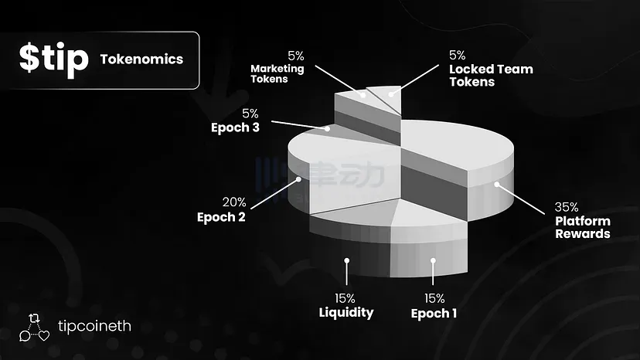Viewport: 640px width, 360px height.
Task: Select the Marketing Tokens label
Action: point(277,74)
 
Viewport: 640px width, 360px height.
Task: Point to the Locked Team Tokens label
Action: point(491,75)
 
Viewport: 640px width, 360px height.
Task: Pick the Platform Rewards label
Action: point(582,228)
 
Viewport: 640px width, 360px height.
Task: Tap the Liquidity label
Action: point(346,312)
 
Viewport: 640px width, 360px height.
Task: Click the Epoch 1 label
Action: point(434,313)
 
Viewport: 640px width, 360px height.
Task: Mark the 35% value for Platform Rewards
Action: point(567,207)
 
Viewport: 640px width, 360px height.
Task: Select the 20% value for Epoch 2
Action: point(234,202)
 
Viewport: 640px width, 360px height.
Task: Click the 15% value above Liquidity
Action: point(346,298)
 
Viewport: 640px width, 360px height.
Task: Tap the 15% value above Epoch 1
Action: point(434,298)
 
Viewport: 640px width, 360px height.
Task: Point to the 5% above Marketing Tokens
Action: point(296,55)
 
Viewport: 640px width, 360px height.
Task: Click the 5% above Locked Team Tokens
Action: point(457,55)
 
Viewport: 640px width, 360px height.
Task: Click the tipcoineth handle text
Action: point(95,326)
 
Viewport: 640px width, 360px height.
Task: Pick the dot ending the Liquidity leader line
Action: point(346,262)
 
